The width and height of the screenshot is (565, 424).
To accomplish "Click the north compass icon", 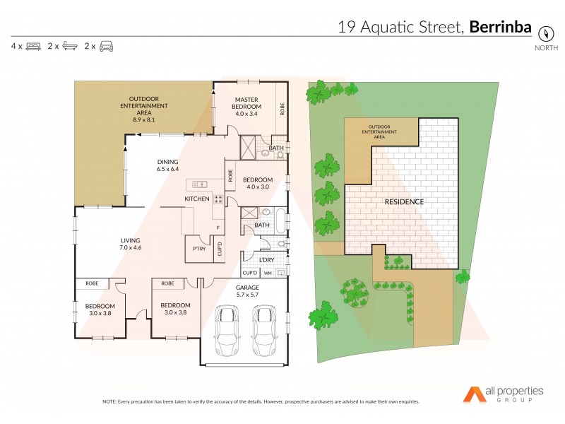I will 545,33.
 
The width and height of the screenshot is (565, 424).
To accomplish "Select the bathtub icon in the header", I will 70,47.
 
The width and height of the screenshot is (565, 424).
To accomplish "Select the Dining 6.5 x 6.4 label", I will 167,165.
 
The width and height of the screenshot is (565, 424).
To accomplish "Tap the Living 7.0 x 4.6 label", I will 131,245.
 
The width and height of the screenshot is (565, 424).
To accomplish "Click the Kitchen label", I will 197,199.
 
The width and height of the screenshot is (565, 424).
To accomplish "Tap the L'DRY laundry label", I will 266,260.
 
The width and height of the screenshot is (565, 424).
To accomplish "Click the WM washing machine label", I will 268,273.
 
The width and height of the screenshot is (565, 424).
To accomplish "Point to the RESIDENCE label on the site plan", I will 404,202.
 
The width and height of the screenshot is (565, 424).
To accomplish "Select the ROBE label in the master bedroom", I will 282,110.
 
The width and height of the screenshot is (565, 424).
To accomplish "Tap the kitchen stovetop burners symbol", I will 218,199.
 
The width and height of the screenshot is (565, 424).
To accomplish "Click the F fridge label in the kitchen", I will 218,228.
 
